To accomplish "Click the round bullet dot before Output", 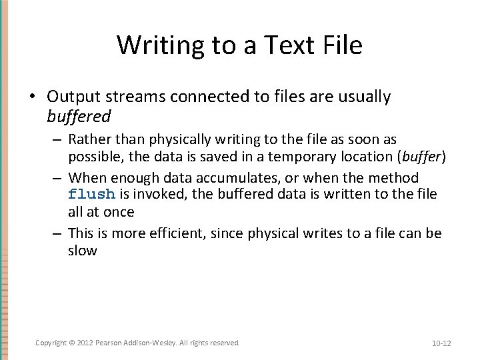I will pyautogui.click(x=31, y=97).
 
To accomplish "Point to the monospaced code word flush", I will pyautogui.click(x=92, y=195).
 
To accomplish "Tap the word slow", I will pyautogui.click(x=83, y=251).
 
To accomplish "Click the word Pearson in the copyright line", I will pyautogui.click(x=109, y=343).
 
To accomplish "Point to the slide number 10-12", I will pyautogui.click(x=441, y=343).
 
